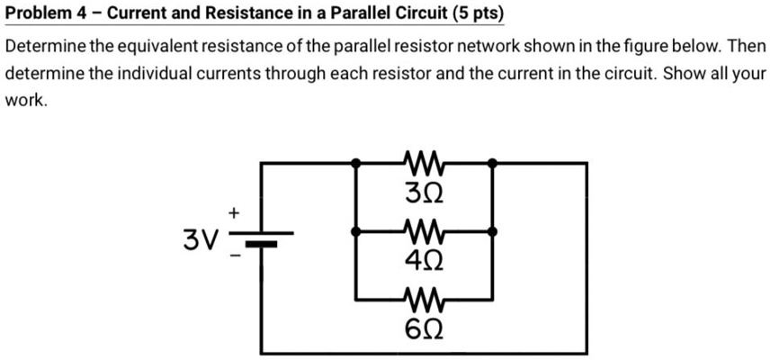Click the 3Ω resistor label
pos(425,193)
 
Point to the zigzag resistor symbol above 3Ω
pos(425,165)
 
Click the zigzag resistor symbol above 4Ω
pos(425,232)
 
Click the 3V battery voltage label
pos(200,239)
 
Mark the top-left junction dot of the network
pos(357,163)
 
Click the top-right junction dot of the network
pos(492,163)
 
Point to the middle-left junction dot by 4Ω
pos(357,232)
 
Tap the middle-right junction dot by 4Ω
pos(492,232)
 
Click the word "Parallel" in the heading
pos(347,14)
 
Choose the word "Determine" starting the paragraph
pos(44,46)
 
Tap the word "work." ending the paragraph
pos(25,102)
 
